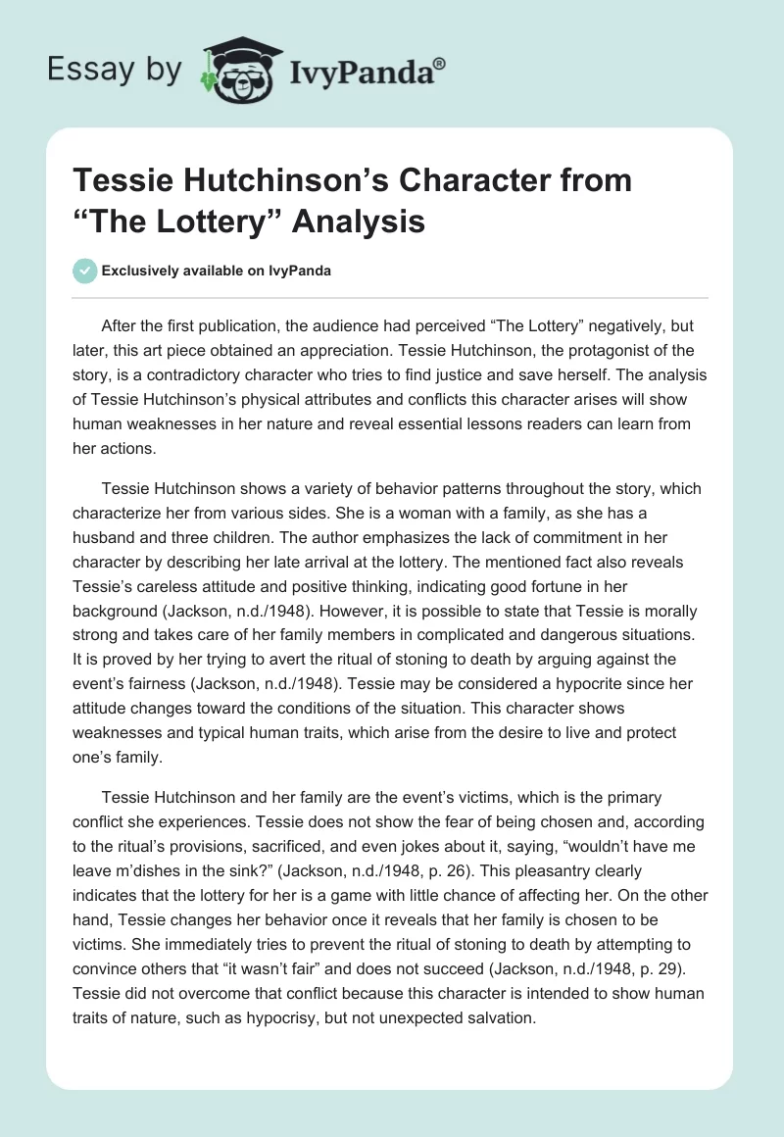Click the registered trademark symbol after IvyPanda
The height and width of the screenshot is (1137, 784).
440,64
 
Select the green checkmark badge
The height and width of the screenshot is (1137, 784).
84,271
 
